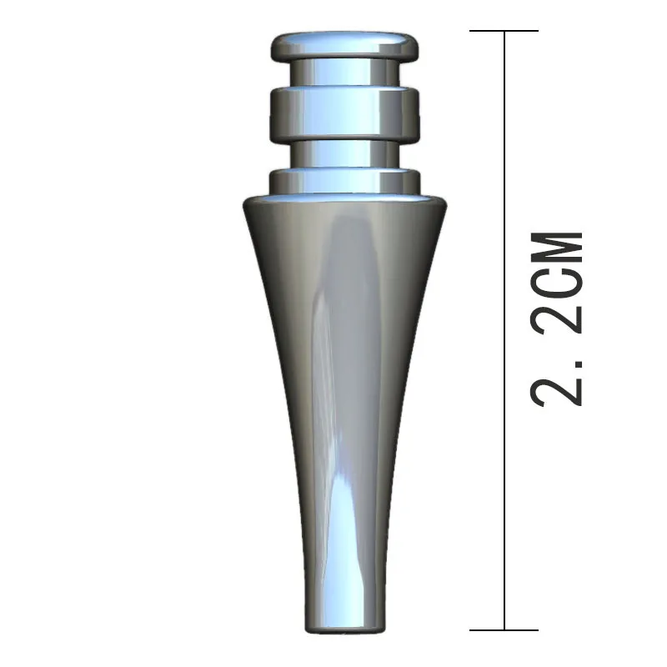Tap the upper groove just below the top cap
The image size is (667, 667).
[x=344, y=73]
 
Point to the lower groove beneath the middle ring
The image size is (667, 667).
[x=344, y=153]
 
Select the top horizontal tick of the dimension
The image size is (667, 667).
[x=504, y=32]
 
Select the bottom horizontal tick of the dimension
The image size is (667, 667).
[x=504, y=629]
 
